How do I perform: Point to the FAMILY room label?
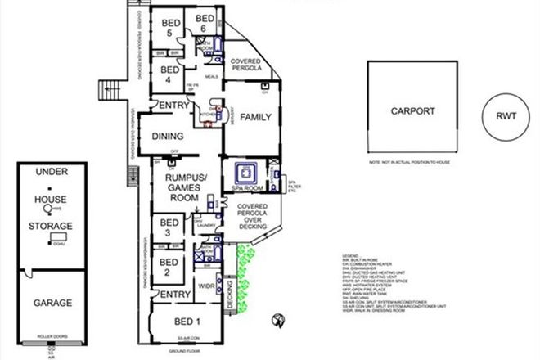255,118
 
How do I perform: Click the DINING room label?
168,137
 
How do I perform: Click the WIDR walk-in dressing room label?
206,286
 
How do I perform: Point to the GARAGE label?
52,302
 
